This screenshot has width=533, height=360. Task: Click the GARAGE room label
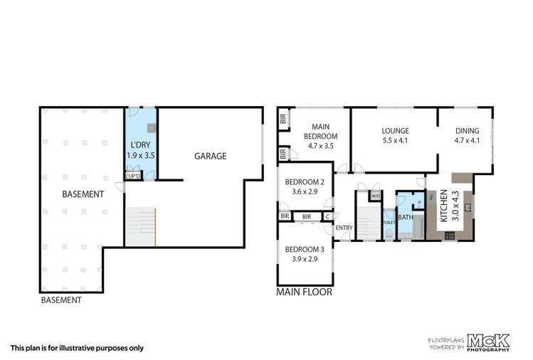(211, 156)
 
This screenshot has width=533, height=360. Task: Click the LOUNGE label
(394, 131)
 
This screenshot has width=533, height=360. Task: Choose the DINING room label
(467, 131)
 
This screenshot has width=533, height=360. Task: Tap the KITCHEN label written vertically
(443, 206)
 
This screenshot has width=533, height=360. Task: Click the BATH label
(406, 218)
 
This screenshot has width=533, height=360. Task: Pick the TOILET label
(389, 222)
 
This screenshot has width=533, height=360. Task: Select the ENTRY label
(344, 228)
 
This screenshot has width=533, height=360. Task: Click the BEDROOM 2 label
(305, 182)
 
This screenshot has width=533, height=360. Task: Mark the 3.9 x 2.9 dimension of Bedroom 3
(305, 259)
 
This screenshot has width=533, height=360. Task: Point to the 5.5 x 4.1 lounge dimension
(394, 140)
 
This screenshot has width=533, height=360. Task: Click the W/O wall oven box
(375, 196)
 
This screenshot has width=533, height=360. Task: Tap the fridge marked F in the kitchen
(431, 197)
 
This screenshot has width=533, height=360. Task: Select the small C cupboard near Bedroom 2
(328, 216)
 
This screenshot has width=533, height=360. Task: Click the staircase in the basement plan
(140, 226)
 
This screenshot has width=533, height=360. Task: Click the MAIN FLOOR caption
(304, 292)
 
